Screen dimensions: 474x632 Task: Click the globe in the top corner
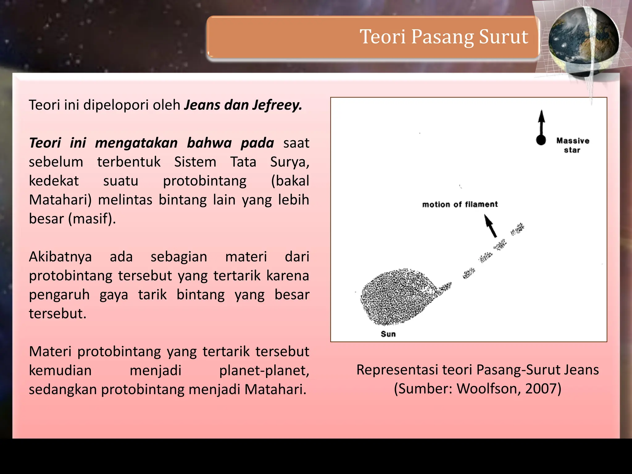[x=583, y=42]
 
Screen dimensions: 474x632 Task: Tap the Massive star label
[x=573, y=145]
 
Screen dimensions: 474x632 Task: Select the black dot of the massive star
[x=541, y=140]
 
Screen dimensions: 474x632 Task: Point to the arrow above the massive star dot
[x=542, y=122]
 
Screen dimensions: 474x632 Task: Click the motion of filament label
[x=460, y=204]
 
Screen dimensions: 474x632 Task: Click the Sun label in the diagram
[x=388, y=334]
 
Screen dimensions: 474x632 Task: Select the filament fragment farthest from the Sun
[x=518, y=229]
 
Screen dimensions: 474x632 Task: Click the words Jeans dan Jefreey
[x=243, y=105]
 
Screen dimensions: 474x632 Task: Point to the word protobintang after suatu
[x=205, y=181]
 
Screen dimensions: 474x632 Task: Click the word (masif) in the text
[x=92, y=219]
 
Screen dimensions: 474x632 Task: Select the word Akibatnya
[x=60, y=257]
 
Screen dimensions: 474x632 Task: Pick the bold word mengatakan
[x=136, y=143]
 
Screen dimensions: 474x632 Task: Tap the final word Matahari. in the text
[x=275, y=389]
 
